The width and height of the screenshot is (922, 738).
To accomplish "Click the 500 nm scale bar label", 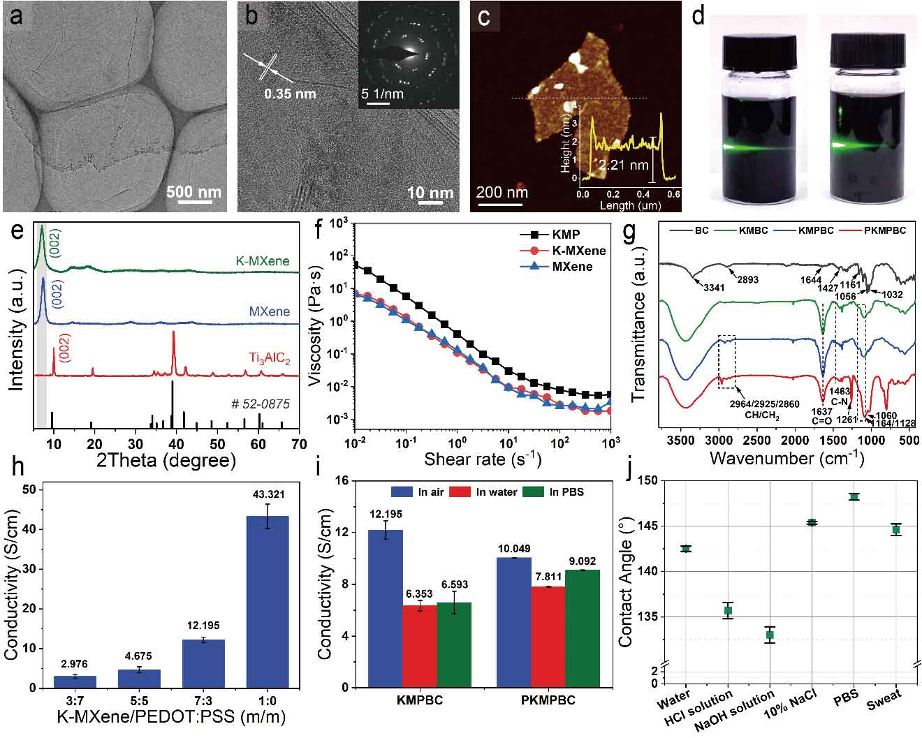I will coord(193,191).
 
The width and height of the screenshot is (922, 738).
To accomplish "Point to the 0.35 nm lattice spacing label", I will coord(289,94).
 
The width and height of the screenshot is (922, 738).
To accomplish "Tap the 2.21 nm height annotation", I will coord(623,165).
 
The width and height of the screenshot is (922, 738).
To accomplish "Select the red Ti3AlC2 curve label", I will coord(269,359).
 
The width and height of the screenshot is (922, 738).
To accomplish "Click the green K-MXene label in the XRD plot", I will coord(262,261).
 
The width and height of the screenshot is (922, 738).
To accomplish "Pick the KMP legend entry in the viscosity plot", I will coord(565,235).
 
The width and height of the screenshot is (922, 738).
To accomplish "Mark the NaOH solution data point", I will coord(770,635).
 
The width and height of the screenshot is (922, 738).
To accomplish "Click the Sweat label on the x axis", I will coord(884,700).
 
